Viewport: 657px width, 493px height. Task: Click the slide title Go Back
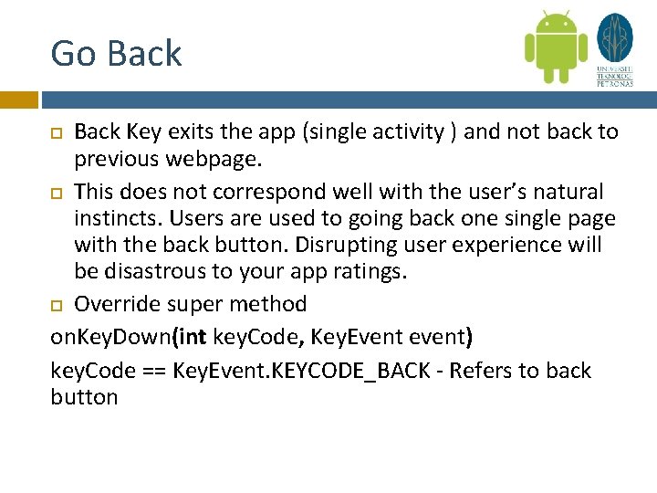tap(116, 53)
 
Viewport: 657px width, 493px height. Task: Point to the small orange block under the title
tap(18, 100)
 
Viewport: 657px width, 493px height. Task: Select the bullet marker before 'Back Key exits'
tap(57, 133)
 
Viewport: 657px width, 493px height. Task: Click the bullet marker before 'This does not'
tap(57, 194)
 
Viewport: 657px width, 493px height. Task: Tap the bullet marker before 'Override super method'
tap(57, 305)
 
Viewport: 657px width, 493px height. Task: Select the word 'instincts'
tap(120, 220)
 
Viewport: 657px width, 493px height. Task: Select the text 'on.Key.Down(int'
tap(129, 338)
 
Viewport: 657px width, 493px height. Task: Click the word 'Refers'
tap(485, 371)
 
